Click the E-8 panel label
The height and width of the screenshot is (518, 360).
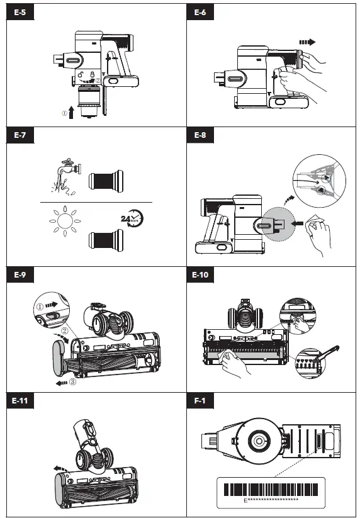(200, 135)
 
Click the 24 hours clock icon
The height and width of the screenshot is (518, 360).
(132, 218)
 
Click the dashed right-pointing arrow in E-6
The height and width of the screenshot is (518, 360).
(307, 42)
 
